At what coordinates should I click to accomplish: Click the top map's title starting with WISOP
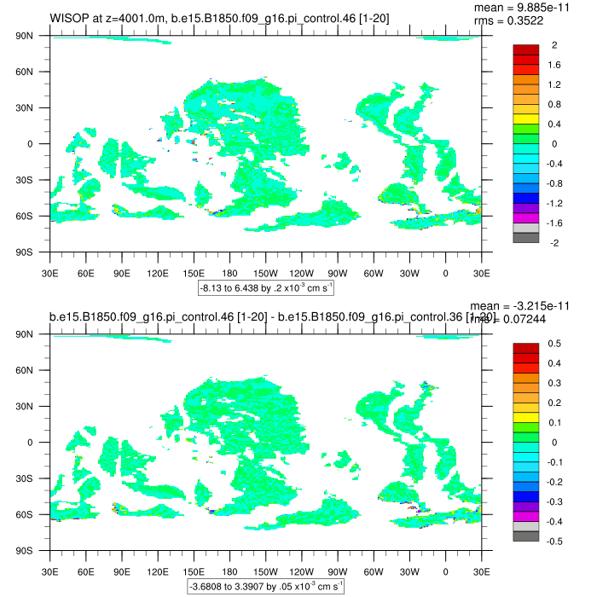coord(220,17)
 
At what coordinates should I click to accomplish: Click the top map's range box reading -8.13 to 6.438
coord(265,287)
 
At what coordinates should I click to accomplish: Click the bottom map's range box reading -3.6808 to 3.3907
coord(265,586)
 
